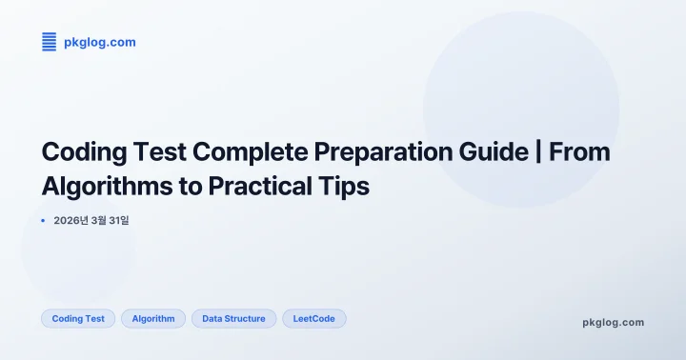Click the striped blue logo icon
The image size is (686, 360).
pos(50,42)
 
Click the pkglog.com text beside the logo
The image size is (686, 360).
pos(100,42)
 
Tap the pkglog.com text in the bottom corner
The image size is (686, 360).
pos(613,322)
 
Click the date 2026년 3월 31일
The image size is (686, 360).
pos(91,221)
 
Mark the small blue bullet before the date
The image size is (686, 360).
pos(44,221)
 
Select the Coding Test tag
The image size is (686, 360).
pos(78,318)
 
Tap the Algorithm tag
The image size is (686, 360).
pos(153,318)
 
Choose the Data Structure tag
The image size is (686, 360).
pos(233,318)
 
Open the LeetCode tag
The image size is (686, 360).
pos(313,318)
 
